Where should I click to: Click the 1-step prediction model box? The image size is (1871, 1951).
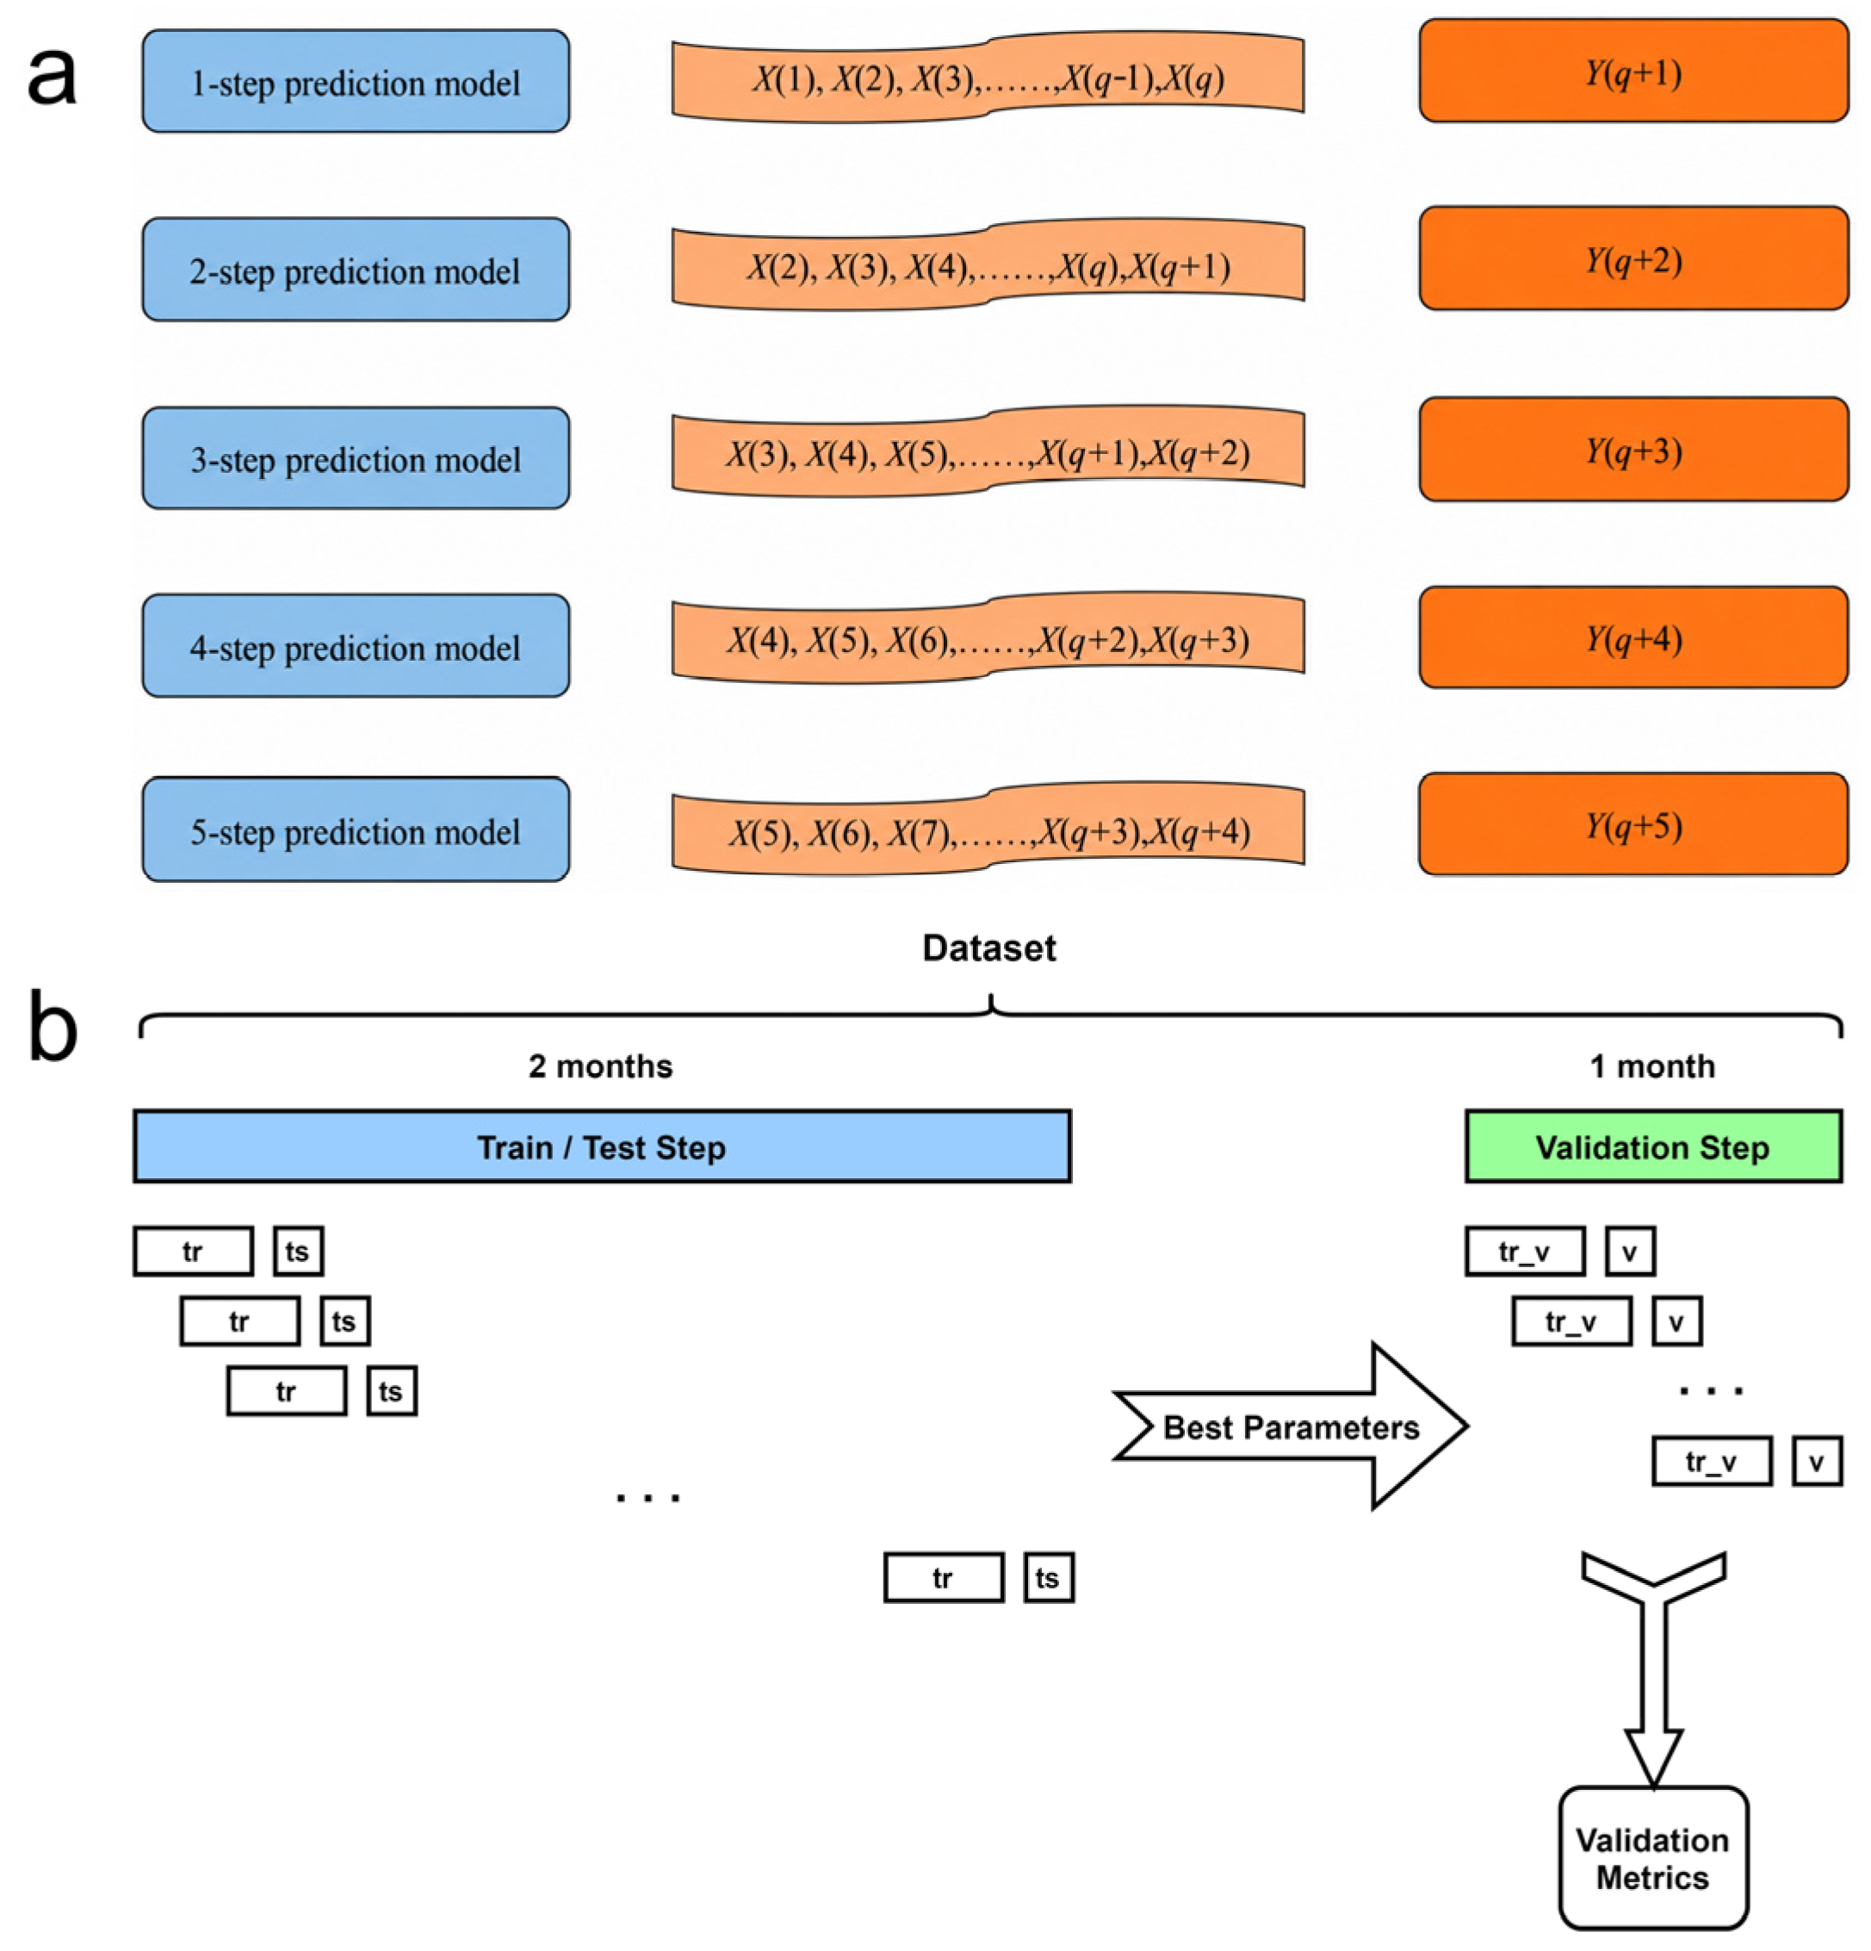click(x=356, y=81)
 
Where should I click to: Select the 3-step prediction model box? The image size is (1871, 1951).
click(x=356, y=458)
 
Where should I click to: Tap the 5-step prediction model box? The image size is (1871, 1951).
click(x=356, y=829)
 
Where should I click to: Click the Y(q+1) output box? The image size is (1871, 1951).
click(x=1633, y=71)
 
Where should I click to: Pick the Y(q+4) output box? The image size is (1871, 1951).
click(x=1633, y=637)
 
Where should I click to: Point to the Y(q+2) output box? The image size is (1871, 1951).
click(x=1633, y=258)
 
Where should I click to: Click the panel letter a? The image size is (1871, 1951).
click(x=52, y=77)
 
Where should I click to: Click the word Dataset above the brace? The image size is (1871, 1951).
click(x=988, y=948)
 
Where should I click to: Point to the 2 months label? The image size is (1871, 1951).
click(x=600, y=1066)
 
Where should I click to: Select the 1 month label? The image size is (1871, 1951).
click(x=1652, y=1066)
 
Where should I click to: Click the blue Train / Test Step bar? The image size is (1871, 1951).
click(x=602, y=1146)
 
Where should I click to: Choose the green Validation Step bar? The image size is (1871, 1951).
click(x=1653, y=1146)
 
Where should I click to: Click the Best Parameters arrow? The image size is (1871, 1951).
click(x=1291, y=1426)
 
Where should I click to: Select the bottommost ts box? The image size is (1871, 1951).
click(x=1049, y=1578)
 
